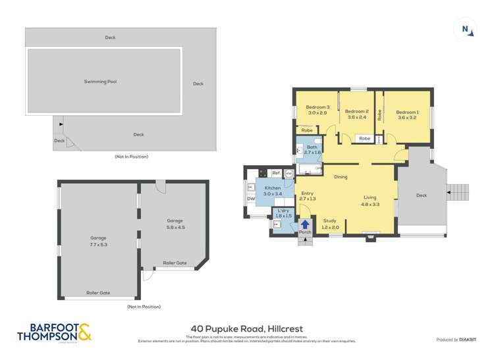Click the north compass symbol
pos(465,30)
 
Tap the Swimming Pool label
pos(100,82)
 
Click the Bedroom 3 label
pos(317,107)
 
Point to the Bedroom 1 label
pos(407,112)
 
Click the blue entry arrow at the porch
pos(305,224)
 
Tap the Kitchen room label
pos(273,188)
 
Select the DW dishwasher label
pos(251,199)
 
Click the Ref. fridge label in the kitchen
pos(276,172)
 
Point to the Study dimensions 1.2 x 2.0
pos(330,228)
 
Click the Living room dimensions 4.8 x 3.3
pos(370,204)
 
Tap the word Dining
pos(341,177)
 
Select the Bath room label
pos(312,147)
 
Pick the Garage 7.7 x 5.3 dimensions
pos(99,244)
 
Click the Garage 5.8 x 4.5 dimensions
pos(175,227)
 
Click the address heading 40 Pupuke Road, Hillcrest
pos(246,327)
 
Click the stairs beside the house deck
pos(458,192)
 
